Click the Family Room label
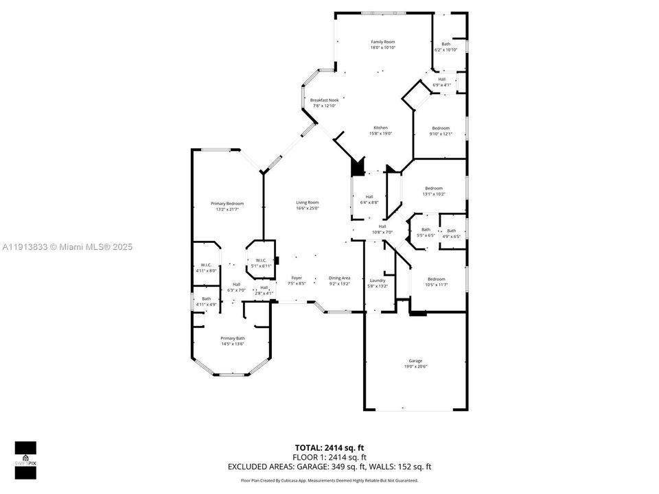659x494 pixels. point(383,45)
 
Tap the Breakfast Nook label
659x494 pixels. point(324,103)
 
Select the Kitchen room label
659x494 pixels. point(380,130)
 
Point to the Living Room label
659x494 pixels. point(307,205)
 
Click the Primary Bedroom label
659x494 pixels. point(227,206)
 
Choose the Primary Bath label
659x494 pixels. point(232,341)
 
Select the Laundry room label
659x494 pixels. point(377,283)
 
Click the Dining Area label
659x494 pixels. point(339,281)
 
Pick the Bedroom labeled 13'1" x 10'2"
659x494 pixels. point(433,191)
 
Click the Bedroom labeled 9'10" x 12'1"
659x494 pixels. point(440,131)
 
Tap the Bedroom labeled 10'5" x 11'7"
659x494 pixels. point(436,282)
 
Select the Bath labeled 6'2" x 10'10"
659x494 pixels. point(446,47)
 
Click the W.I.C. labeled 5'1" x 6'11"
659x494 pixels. point(261,263)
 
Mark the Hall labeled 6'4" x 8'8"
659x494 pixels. point(369,200)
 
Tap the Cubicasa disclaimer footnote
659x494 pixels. point(329,480)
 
